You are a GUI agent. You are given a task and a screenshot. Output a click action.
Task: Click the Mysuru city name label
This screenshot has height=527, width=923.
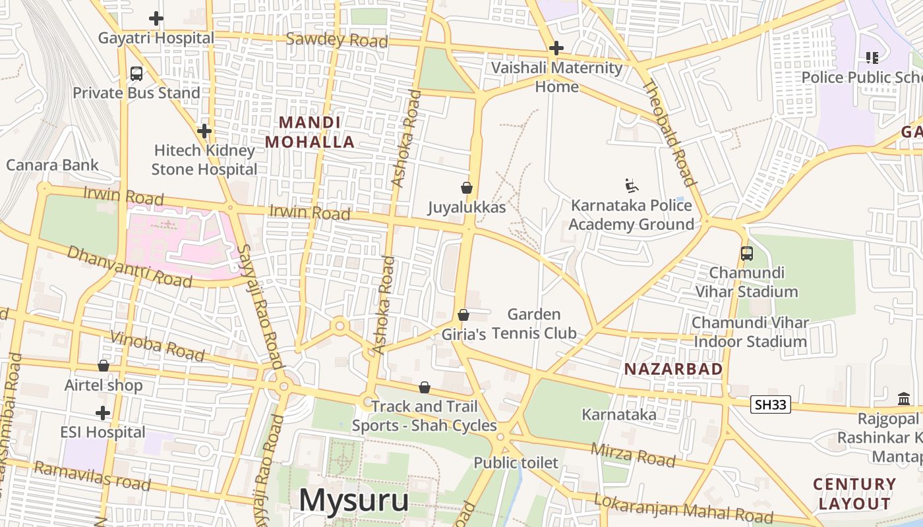pos(353,500)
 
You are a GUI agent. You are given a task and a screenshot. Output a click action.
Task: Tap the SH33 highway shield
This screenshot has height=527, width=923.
pos(770,404)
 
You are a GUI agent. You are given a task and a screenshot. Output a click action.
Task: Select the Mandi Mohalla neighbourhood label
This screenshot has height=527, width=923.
pos(310,132)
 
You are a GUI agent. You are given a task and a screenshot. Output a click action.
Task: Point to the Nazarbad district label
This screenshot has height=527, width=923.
pos(673,369)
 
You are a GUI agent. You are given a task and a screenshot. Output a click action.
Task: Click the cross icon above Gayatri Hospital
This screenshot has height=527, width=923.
pos(156,18)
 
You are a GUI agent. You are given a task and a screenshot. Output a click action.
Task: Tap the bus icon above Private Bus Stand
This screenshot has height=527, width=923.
pos(136,74)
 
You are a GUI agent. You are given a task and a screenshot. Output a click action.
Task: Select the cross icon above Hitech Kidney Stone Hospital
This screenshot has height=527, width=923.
pos(204,131)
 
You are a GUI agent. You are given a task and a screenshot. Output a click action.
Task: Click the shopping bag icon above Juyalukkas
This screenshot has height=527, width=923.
pos(467,188)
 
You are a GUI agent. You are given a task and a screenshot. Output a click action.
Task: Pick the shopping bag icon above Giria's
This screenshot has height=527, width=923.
pos(463,315)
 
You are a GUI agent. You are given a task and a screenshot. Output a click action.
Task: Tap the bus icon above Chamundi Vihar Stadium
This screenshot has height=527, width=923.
pos(747,254)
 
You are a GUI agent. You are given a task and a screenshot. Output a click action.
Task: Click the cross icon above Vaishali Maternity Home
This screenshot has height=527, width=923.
pos(556,48)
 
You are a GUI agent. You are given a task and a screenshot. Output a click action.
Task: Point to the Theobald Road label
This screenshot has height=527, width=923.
pos(669,132)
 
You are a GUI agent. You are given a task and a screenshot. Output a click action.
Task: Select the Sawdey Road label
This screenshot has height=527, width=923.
pos(337,40)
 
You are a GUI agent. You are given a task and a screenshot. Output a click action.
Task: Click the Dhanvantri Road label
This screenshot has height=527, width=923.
pos(129,267)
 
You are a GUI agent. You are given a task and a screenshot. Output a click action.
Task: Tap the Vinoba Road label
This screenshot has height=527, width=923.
pos(158,346)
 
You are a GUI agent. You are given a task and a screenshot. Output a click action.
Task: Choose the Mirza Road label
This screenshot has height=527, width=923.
pos(632,454)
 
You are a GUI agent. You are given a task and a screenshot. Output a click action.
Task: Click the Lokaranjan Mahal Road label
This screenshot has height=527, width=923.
pos(683,506)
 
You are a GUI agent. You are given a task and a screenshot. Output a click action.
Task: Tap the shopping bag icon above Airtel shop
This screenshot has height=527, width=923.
pos(104,366)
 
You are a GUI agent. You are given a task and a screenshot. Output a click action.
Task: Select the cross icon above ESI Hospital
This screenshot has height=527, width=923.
pos(103,414)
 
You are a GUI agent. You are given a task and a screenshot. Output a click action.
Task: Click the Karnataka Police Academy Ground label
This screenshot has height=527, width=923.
pos(631,215)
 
